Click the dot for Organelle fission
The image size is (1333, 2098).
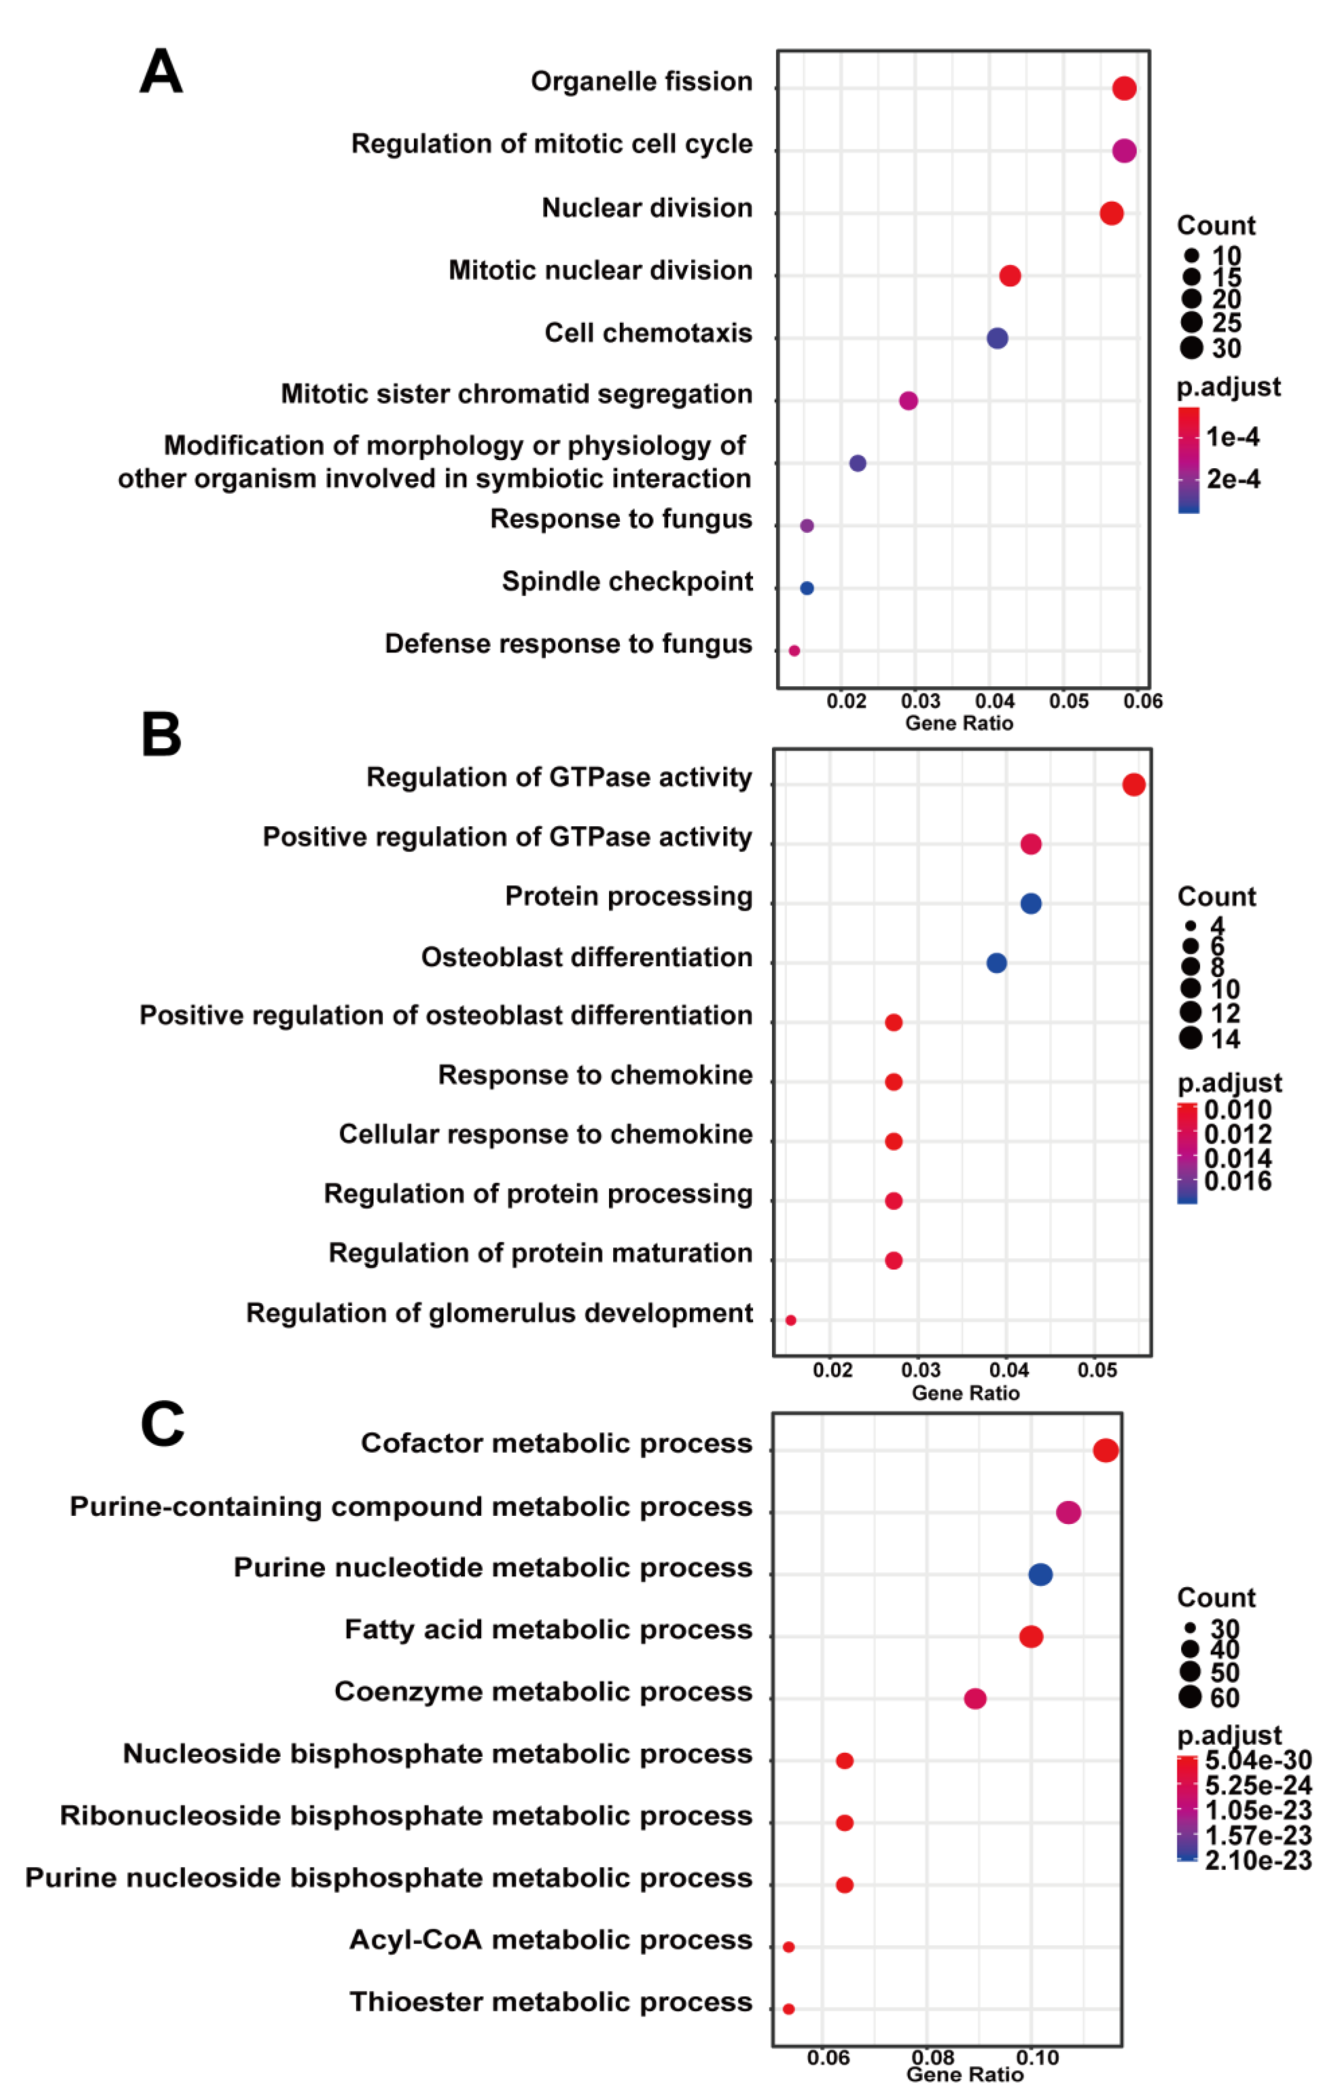(x=1124, y=88)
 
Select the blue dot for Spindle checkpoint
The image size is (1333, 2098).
(x=807, y=588)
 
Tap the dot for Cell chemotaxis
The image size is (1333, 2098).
(x=998, y=338)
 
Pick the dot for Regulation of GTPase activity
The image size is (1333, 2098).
(x=1133, y=785)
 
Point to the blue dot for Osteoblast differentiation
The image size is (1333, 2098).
(x=997, y=963)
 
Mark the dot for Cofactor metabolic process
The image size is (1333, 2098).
(x=1106, y=1450)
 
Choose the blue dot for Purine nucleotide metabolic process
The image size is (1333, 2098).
(x=1040, y=1574)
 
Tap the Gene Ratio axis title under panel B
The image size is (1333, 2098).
(x=965, y=1392)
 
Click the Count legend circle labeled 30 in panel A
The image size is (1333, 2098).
(x=1192, y=348)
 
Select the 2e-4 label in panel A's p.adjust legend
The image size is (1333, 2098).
(x=1233, y=479)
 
